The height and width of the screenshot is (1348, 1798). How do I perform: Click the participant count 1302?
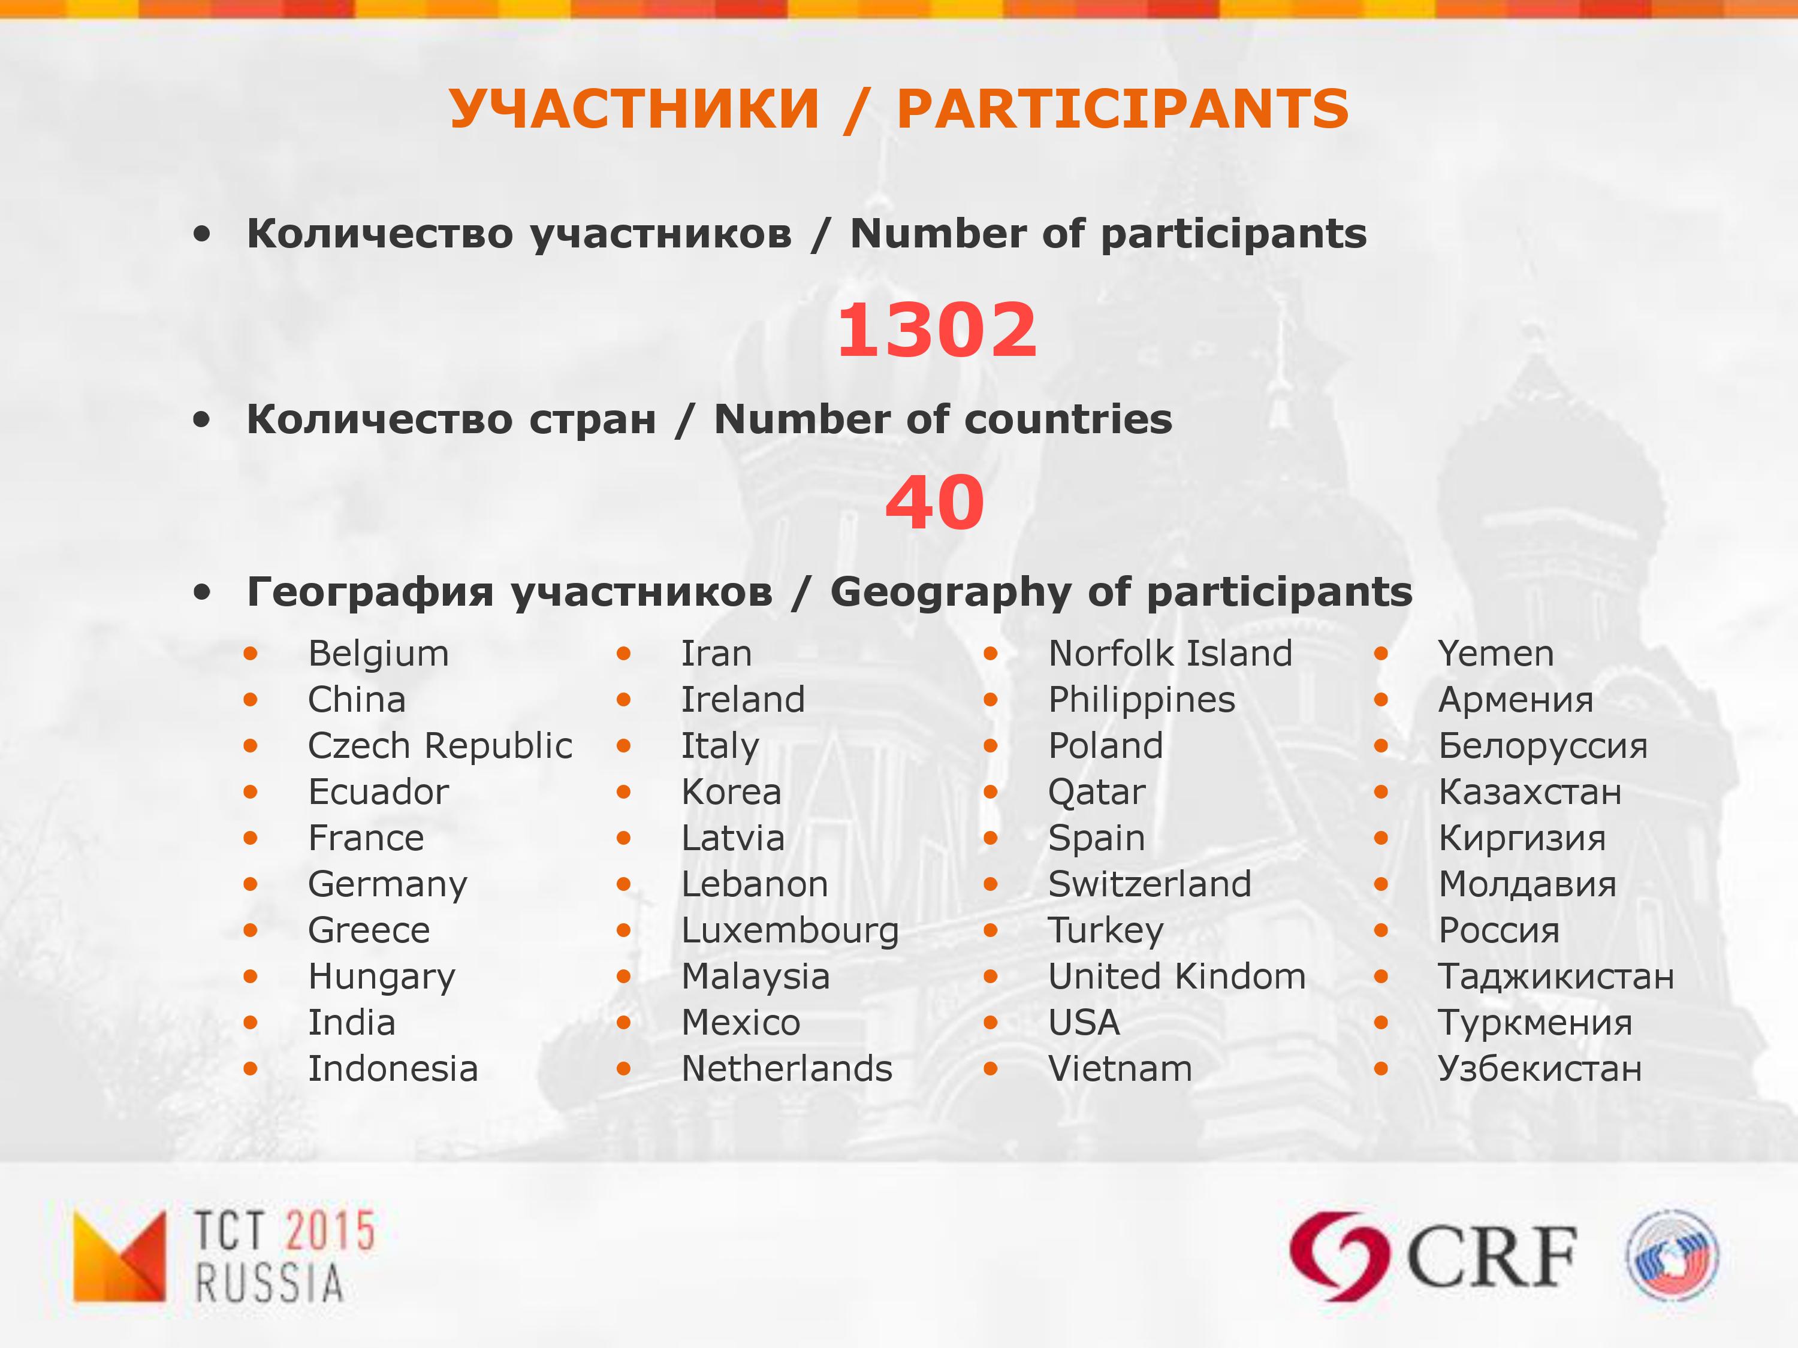(x=937, y=330)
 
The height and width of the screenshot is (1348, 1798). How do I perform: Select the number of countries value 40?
(x=935, y=502)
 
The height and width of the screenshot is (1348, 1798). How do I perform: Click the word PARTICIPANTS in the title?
(x=1123, y=109)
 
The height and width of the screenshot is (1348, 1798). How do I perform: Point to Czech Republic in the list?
(x=440, y=746)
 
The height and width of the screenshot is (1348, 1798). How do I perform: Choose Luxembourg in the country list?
(x=790, y=931)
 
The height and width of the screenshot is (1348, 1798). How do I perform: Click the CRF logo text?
(x=1492, y=1257)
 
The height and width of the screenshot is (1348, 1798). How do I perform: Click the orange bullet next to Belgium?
(x=251, y=653)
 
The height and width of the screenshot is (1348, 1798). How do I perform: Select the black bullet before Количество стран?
(x=201, y=420)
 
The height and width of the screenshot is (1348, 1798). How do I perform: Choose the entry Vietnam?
(x=1120, y=1068)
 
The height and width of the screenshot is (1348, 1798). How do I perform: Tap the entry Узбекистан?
(x=1540, y=1068)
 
